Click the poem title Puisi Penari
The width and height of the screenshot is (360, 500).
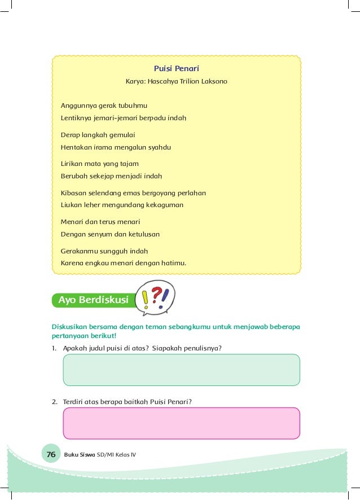(176, 69)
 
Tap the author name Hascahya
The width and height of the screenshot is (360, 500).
(162, 82)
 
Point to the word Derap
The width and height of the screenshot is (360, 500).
(70, 135)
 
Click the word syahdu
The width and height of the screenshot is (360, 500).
(159, 147)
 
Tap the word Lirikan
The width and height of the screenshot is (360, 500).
(72, 163)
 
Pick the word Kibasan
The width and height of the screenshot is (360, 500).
(73, 192)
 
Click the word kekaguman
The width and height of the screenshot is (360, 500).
(163, 205)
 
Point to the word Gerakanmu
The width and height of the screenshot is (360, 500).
(78, 251)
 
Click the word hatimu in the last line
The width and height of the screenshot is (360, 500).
(172, 263)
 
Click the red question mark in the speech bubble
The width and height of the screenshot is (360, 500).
(157, 293)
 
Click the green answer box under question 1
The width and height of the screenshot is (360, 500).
(181, 370)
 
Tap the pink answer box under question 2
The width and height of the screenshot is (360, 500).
(181, 423)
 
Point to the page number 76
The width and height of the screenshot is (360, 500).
(51, 455)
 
